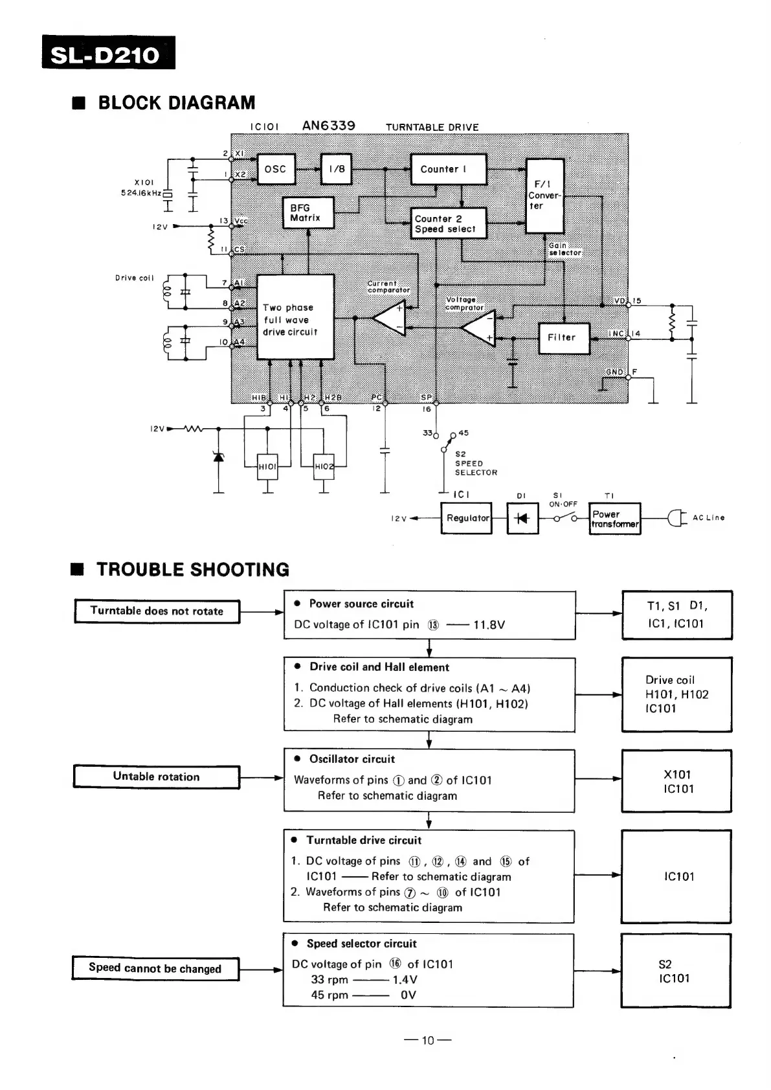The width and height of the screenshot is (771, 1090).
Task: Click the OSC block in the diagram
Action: point(276,169)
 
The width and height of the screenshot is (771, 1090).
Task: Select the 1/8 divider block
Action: point(337,169)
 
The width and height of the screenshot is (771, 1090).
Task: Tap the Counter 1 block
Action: point(448,169)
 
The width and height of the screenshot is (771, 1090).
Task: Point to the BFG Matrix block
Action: point(308,213)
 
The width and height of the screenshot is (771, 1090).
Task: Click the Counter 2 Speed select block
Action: point(449,223)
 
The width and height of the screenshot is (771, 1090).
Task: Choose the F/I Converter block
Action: point(544,195)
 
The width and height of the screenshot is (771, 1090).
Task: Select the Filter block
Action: point(563,338)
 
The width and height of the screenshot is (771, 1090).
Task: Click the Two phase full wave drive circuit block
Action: point(295,317)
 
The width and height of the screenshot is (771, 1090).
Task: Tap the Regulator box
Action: point(466,518)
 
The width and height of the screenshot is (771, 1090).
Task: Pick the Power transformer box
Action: point(614,519)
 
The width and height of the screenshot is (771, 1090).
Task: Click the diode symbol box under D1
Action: point(522,519)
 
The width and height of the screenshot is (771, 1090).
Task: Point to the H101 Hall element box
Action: point(267,466)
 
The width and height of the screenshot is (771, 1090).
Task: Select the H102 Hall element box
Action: point(324,466)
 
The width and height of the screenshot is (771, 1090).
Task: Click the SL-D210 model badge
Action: point(108,53)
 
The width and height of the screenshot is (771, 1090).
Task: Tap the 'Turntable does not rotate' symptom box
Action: point(157,611)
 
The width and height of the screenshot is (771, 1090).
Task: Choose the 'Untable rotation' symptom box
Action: point(156,777)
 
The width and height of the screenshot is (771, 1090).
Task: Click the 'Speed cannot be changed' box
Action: point(155,968)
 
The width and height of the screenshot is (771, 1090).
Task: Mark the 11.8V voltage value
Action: point(489,625)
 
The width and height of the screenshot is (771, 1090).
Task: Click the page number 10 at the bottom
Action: point(428,1041)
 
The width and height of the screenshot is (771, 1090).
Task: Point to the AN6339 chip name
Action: point(329,126)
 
